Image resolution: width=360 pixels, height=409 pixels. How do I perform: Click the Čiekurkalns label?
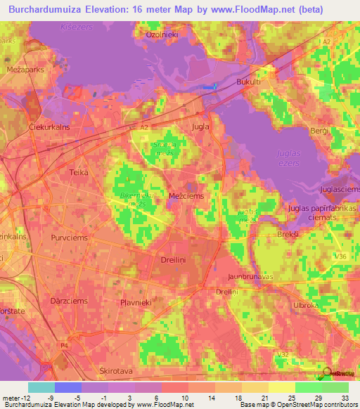tap(30, 127)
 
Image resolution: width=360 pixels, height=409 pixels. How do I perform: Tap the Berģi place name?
tap(319, 132)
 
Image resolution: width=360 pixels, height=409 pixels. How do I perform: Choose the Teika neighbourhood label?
tap(79, 171)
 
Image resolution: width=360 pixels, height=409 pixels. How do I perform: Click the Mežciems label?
tap(186, 196)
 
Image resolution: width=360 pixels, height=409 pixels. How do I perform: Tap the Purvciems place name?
tap(68, 238)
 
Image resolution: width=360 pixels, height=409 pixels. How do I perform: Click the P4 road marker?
tap(64, 346)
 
